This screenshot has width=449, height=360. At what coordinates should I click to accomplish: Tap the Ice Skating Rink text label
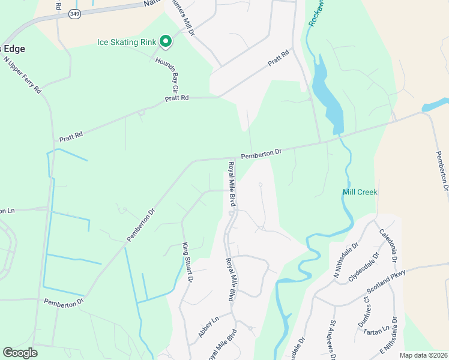(x=127, y=42)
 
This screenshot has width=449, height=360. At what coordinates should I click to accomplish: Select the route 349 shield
(x=74, y=13)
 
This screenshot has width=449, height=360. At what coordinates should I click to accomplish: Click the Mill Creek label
(x=360, y=192)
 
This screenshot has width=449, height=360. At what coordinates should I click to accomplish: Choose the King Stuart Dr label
(x=188, y=262)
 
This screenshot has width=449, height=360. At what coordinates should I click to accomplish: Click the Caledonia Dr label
(x=388, y=245)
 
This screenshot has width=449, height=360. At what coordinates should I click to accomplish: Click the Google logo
(x=20, y=353)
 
